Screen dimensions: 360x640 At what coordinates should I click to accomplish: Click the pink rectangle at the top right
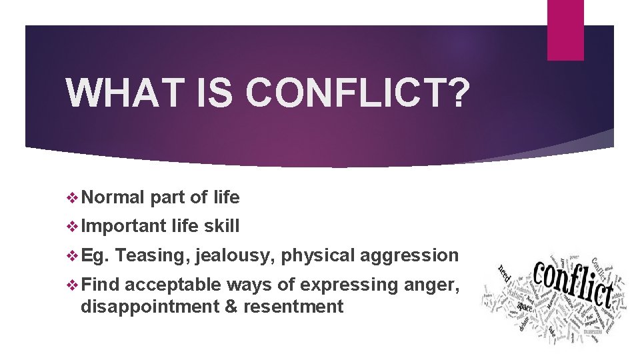pyautogui.click(x=565, y=30)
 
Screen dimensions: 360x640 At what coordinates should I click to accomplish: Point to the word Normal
pyautogui.click(x=114, y=197)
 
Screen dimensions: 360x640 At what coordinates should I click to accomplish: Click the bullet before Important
pyautogui.click(x=73, y=227)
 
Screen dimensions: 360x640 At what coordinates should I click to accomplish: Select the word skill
pyautogui.click(x=221, y=226)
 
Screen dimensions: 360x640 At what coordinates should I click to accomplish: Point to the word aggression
pyautogui.click(x=409, y=255)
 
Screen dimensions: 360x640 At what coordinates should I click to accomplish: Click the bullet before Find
pyautogui.click(x=73, y=285)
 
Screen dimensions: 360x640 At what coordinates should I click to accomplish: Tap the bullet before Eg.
pyautogui.click(x=73, y=256)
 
